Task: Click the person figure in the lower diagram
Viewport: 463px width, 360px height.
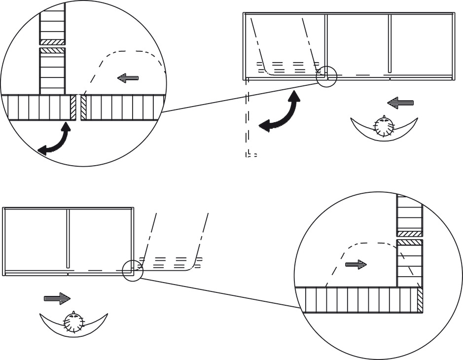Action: pos(73,324)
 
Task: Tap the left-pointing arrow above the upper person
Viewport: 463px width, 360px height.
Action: pos(400,103)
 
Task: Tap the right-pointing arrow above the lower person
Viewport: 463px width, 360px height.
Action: pos(57,298)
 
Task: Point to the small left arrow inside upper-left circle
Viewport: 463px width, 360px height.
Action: pos(128,78)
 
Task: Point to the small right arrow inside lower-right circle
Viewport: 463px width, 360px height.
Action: pos(356,264)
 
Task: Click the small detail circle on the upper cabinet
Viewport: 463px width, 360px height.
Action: pos(326,76)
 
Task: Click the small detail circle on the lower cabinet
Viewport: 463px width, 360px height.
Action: pos(132,270)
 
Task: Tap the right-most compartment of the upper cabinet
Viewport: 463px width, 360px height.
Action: pos(422,44)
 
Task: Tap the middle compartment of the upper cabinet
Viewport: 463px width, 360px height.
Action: pos(358,44)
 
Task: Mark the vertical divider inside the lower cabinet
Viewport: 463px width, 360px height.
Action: pos(68,239)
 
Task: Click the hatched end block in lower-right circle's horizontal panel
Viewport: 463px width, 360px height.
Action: pos(420,300)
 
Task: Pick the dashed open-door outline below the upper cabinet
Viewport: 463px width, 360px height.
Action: pos(248,118)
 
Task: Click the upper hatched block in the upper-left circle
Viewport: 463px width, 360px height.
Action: pos(52,42)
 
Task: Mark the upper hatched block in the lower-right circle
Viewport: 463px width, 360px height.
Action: pos(410,234)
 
